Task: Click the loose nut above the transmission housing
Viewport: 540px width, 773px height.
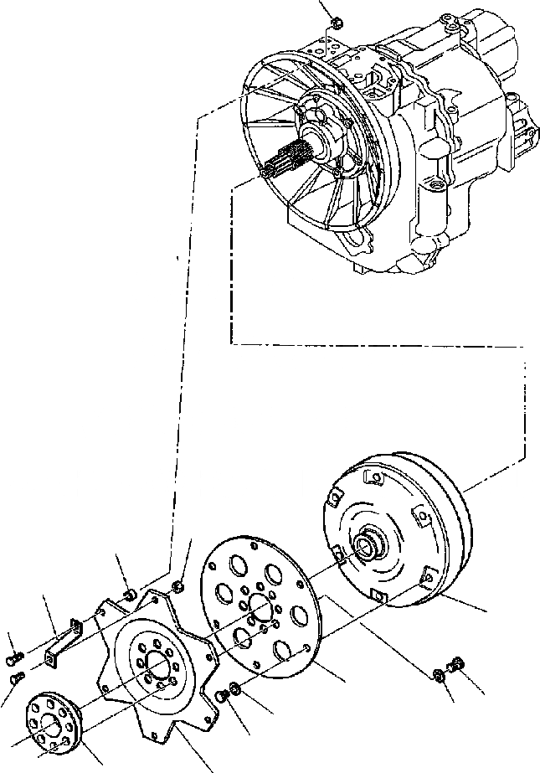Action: (x=334, y=23)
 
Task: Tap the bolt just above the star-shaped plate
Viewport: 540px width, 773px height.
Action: (x=130, y=595)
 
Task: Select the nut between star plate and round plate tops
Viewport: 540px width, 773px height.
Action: (x=177, y=585)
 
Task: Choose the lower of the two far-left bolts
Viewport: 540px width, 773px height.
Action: (x=15, y=677)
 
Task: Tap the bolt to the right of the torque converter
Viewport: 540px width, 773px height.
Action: (x=457, y=663)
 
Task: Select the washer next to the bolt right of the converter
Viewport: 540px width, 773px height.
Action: (x=440, y=674)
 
